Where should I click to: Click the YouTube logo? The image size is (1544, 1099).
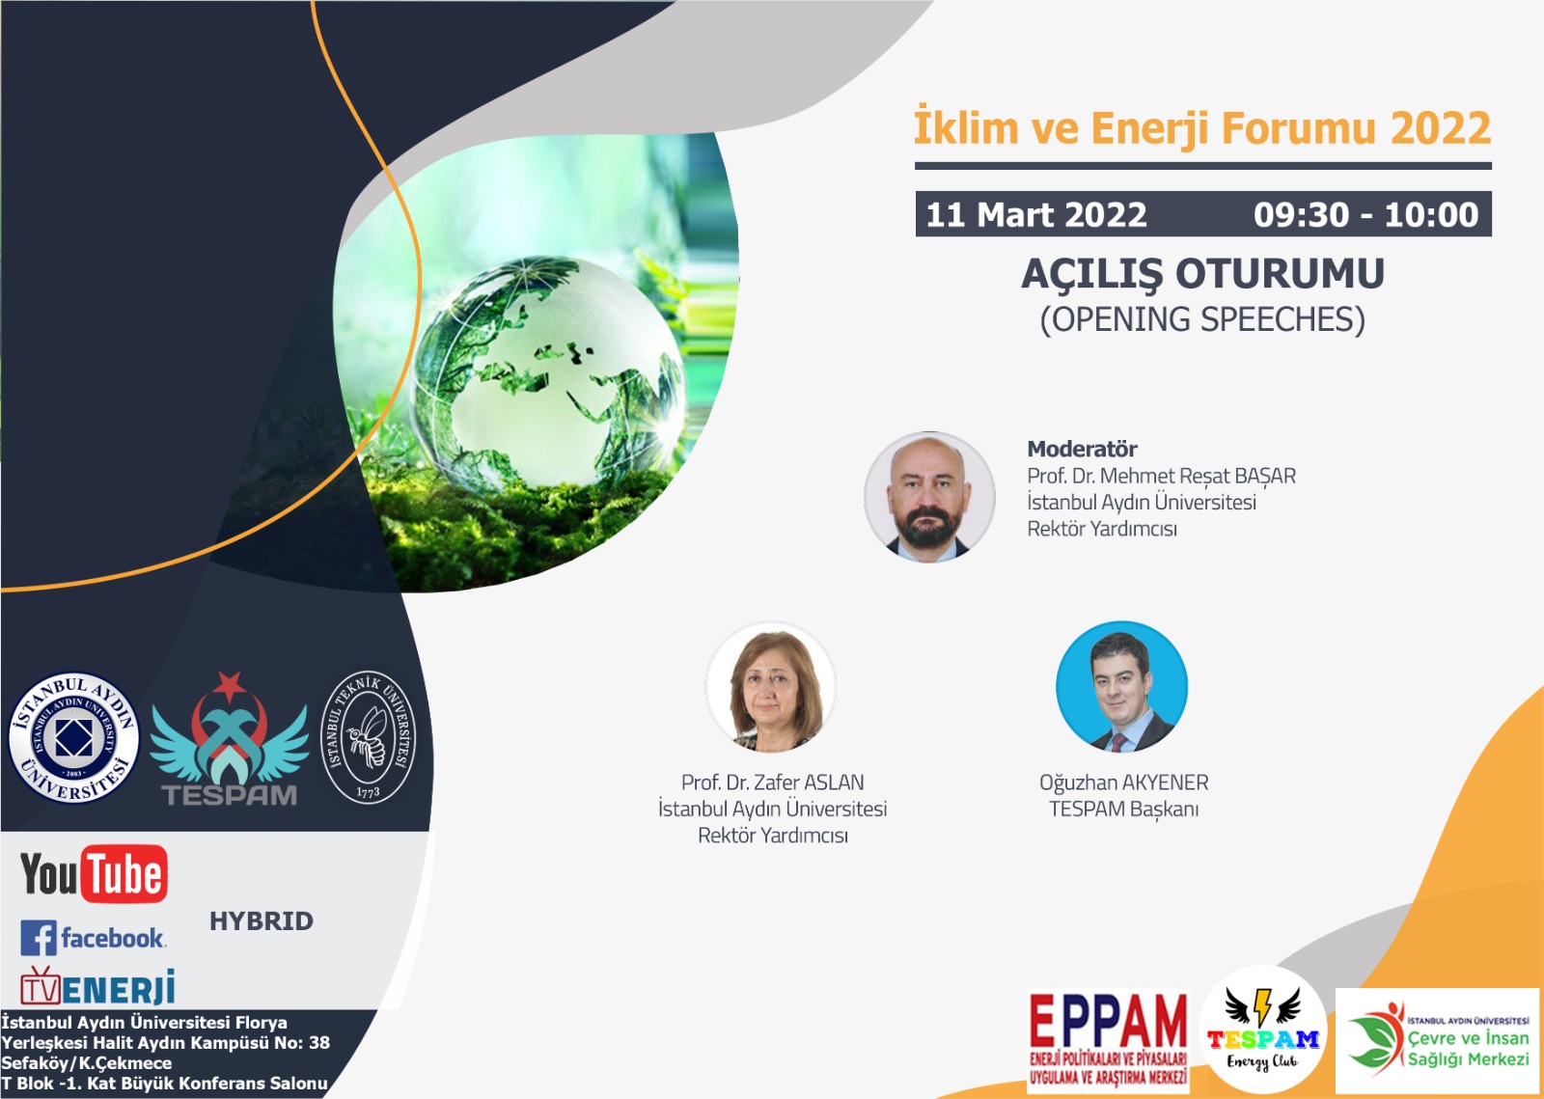pyautogui.click(x=94, y=873)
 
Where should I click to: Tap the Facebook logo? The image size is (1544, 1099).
pyautogui.click(x=93, y=937)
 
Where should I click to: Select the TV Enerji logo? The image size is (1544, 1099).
pyautogui.click(x=97, y=986)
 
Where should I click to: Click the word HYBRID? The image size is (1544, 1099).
pyautogui.click(x=262, y=921)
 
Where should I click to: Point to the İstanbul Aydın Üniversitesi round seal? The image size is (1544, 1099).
pyautogui.click(x=73, y=738)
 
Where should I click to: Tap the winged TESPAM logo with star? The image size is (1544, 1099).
pyautogui.click(x=230, y=739)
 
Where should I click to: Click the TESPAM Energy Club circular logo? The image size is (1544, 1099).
pyautogui.click(x=1263, y=1029)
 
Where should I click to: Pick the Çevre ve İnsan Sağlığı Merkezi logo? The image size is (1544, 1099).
pyautogui.click(x=1437, y=1041)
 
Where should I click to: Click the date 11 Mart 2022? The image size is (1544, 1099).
pyautogui.click(x=1036, y=214)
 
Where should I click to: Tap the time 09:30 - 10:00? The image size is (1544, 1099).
pyautogui.click(x=1365, y=214)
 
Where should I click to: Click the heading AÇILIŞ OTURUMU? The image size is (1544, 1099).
pyautogui.click(x=1202, y=274)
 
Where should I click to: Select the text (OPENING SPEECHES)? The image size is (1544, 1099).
pyautogui.click(x=1202, y=319)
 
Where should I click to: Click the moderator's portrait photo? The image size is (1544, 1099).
pyautogui.click(x=929, y=497)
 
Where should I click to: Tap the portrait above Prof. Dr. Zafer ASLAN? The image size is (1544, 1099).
pyautogui.click(x=771, y=686)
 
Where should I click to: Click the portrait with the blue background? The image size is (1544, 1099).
pyautogui.click(x=1121, y=686)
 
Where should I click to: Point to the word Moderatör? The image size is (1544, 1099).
pyautogui.click(x=1082, y=450)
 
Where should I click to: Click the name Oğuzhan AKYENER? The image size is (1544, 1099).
pyautogui.click(x=1123, y=783)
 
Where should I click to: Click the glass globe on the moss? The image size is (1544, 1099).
pyautogui.click(x=548, y=372)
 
